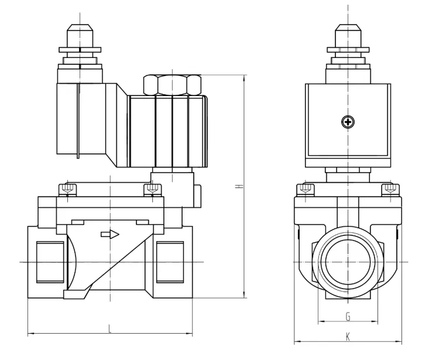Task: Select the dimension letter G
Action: (x=348, y=317)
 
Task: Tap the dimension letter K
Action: (x=348, y=337)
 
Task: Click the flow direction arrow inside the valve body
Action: (x=110, y=234)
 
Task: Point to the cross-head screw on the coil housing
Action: (x=349, y=122)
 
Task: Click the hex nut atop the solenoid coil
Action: (x=173, y=85)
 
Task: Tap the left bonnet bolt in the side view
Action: (x=67, y=189)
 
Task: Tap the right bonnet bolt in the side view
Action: (x=153, y=189)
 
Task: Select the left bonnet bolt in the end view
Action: (x=304, y=189)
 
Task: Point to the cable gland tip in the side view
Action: (x=78, y=29)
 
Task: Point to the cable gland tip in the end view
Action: (x=349, y=29)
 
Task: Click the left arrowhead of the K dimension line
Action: (x=296, y=341)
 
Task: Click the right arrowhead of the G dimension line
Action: (x=377, y=321)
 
